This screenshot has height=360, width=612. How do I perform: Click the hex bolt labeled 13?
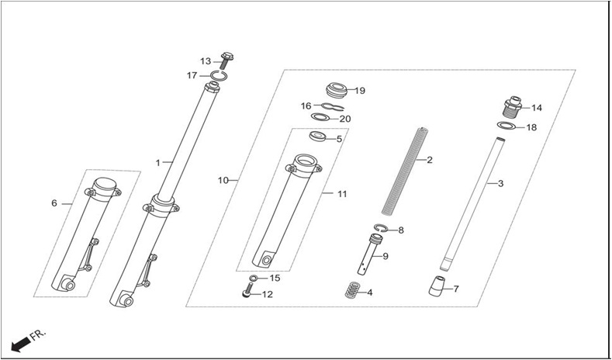(x=226, y=61)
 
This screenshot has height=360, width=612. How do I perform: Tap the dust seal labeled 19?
(x=336, y=91)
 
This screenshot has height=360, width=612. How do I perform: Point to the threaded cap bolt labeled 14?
(x=513, y=107)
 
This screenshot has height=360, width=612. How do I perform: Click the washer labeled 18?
(x=506, y=126)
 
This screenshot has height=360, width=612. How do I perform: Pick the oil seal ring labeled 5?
(x=318, y=137)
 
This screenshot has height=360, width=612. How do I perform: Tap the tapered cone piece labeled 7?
(x=437, y=286)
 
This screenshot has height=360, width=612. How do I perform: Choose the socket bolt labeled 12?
(x=247, y=291)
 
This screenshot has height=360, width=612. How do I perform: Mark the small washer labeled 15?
(x=254, y=278)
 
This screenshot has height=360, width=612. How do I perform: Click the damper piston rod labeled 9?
(x=368, y=254)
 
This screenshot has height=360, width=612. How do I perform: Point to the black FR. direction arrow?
(x=21, y=344)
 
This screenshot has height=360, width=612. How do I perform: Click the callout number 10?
(x=223, y=181)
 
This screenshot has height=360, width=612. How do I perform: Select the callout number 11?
(x=342, y=194)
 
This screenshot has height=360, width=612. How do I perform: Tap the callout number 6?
(x=54, y=203)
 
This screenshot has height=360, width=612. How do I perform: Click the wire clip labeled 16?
(x=333, y=106)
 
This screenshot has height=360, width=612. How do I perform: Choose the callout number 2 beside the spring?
(x=430, y=160)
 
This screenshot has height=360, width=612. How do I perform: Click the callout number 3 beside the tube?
(x=501, y=184)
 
